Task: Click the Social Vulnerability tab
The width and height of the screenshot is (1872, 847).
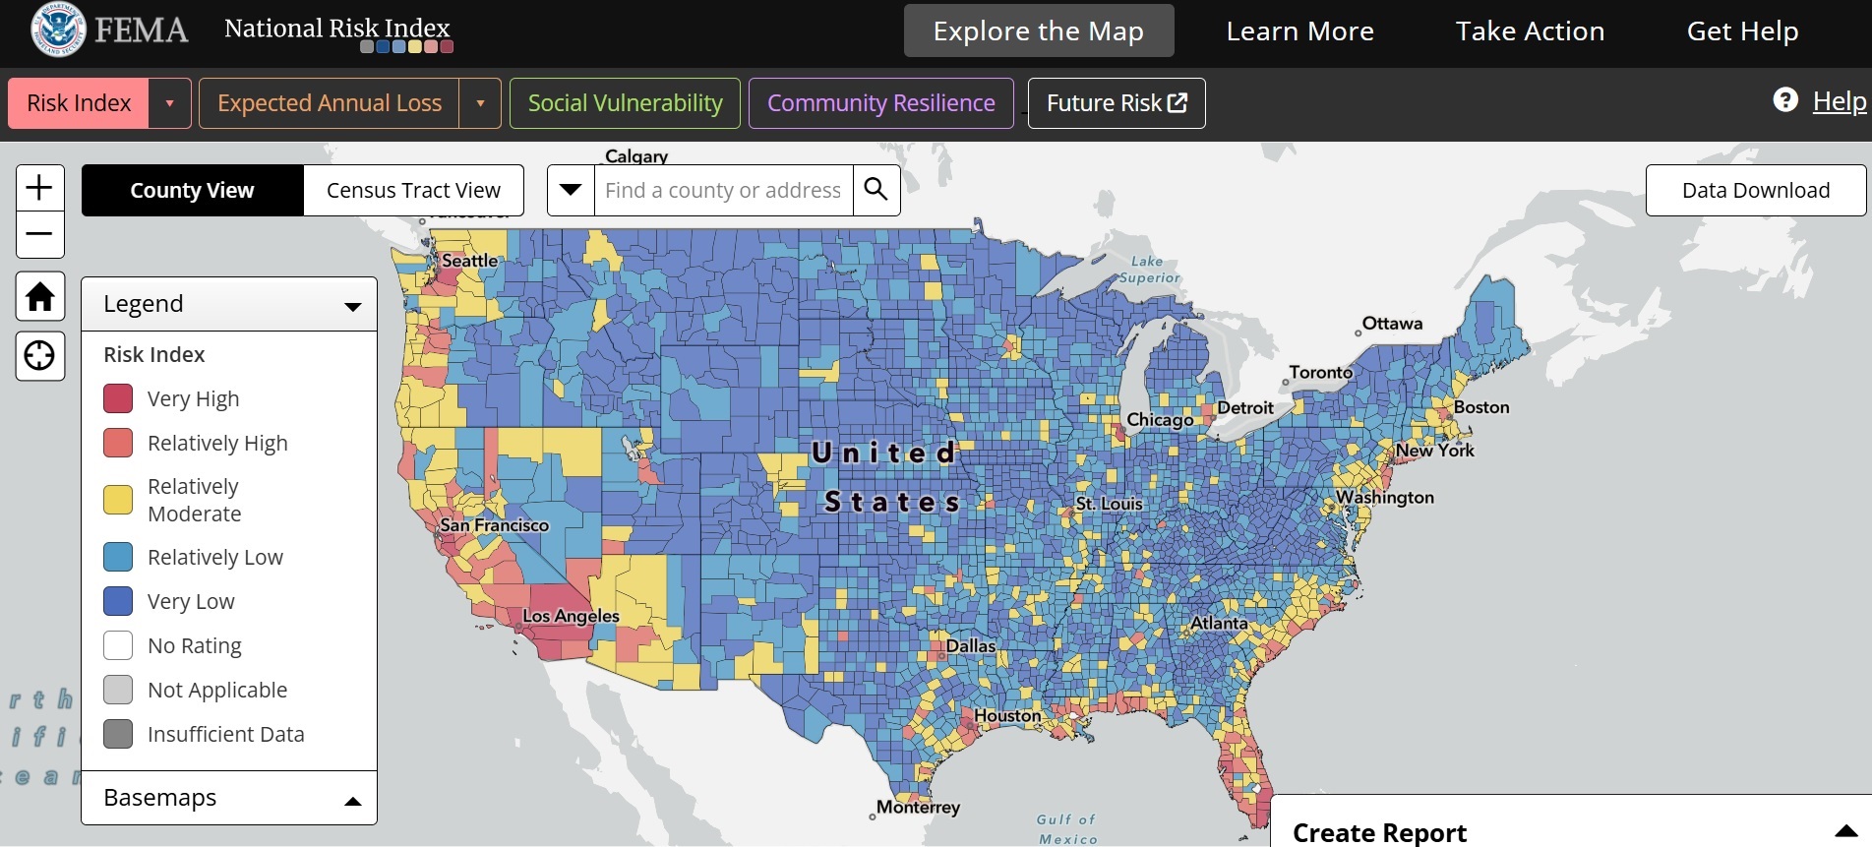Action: coord(625,103)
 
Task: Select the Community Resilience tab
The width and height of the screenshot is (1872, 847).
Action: coord(880,103)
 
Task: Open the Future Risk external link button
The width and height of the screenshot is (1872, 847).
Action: coord(1116,103)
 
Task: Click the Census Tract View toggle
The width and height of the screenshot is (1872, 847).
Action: coord(413,190)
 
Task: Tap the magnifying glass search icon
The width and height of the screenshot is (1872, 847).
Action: coord(876,189)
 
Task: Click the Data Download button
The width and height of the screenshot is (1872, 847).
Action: coord(1755,190)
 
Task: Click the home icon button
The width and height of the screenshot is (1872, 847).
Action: coord(40,296)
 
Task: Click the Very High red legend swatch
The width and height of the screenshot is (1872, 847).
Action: coord(118,398)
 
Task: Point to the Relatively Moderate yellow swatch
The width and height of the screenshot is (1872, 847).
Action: coord(118,500)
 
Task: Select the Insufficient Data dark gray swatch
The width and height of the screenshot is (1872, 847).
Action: coord(118,734)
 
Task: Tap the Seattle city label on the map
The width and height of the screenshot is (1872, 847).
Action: coord(469,261)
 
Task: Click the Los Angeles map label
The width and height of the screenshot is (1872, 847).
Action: coord(571,616)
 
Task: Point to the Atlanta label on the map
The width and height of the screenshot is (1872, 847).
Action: coord(1219,623)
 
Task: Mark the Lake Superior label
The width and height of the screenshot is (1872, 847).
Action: coord(1149,270)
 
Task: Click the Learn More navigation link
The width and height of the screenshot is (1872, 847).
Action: coord(1299,31)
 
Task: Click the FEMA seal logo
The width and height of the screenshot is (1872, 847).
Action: coord(58,30)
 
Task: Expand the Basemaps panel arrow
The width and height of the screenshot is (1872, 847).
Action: coord(353,801)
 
